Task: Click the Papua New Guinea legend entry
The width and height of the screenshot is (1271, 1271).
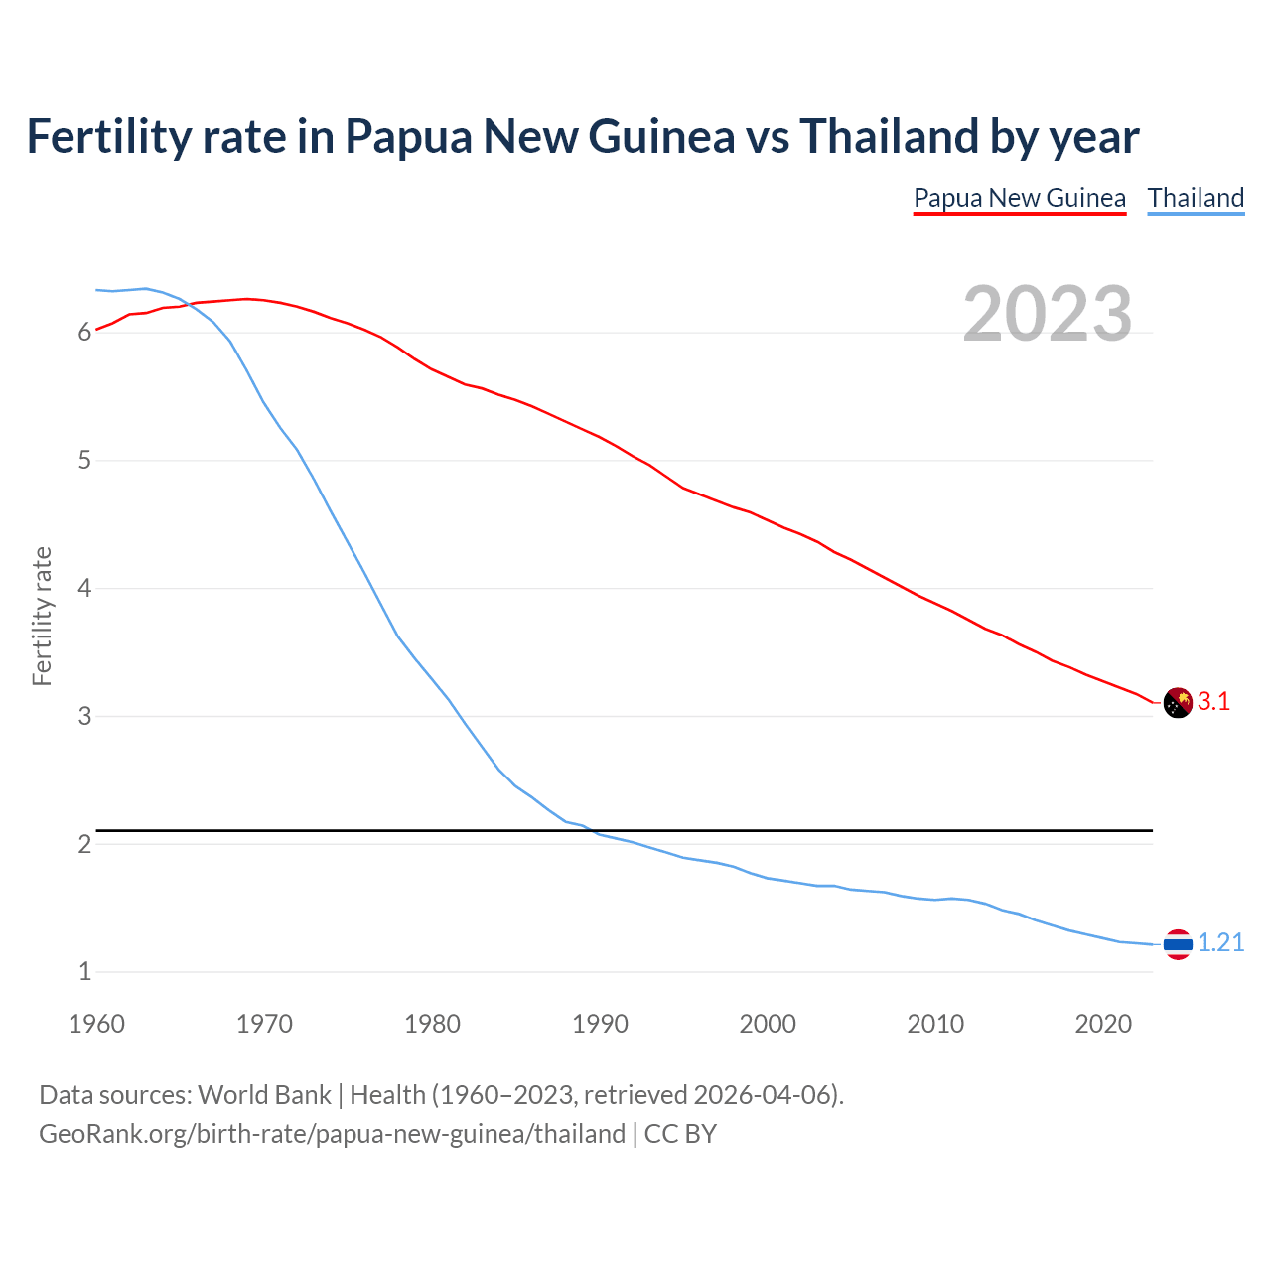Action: [1020, 198]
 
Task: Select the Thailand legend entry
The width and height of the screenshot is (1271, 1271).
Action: [1196, 198]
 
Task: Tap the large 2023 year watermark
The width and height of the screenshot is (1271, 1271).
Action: [1048, 314]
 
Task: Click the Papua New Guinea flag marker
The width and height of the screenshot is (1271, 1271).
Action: [1178, 702]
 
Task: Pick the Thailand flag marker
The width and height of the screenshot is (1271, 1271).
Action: [1178, 944]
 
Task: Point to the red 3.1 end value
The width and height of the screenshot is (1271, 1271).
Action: [1213, 702]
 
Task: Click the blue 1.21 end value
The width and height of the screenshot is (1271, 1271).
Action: [1220, 943]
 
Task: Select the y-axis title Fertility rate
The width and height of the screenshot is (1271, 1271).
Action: [42, 616]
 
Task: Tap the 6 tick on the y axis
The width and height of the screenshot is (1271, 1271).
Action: [85, 333]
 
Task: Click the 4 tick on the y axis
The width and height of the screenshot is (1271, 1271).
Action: [85, 588]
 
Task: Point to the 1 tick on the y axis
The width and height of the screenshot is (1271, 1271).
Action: [85, 972]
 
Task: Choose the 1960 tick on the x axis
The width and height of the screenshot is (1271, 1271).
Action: [96, 1024]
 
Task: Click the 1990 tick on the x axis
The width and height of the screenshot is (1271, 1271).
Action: [600, 1024]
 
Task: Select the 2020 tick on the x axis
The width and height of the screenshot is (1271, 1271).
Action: [1103, 1024]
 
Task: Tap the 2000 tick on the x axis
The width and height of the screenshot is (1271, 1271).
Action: [768, 1024]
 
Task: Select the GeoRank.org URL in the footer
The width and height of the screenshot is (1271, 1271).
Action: [332, 1134]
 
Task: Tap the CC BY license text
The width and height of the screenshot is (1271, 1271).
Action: [680, 1134]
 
